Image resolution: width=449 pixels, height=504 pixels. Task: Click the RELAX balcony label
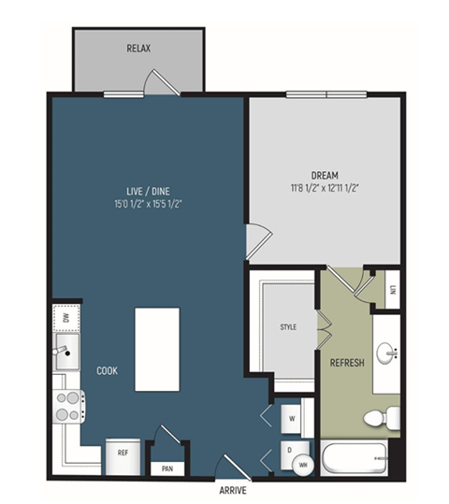[x=138, y=49]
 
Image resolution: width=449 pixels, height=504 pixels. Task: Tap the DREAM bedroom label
[x=325, y=176]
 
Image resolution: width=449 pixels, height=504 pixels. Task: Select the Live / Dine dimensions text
[x=149, y=204]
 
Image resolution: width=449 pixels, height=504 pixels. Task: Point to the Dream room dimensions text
[x=325, y=188]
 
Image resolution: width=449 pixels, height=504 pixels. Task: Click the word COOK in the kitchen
[x=107, y=371]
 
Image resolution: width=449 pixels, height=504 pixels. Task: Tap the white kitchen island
[x=157, y=350]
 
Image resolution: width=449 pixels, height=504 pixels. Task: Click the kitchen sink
[x=67, y=352]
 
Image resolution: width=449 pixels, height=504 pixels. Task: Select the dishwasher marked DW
[x=66, y=318]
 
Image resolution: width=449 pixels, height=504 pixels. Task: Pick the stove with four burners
[x=69, y=407]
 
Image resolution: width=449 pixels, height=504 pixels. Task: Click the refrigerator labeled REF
[x=123, y=456]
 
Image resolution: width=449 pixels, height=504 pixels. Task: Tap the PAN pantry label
[x=167, y=468]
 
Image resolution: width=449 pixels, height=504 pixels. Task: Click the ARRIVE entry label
[x=233, y=490]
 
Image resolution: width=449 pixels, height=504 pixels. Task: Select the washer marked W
[x=292, y=419]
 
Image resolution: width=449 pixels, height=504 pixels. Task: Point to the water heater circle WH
[x=303, y=465]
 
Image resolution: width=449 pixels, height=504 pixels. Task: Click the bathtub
[x=355, y=458]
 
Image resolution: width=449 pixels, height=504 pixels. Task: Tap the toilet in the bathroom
[x=382, y=418]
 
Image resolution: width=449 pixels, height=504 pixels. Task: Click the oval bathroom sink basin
[x=384, y=353]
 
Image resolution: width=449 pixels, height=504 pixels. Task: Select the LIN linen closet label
[x=393, y=290]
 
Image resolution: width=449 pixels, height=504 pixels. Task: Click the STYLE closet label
[x=288, y=327]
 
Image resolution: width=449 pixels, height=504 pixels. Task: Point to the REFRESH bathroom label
[x=347, y=363]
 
